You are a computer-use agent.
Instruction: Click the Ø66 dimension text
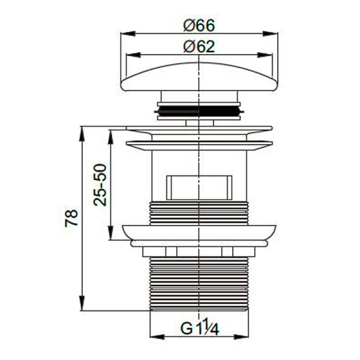coord(198,26)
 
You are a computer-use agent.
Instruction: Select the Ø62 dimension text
coord(198,46)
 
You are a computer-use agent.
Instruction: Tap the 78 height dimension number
coord(71,218)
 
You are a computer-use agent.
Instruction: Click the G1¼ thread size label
coord(198,328)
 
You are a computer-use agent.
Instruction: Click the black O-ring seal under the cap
coord(198,110)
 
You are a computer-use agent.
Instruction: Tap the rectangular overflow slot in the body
coord(199,187)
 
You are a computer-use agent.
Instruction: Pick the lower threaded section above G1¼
coord(198,282)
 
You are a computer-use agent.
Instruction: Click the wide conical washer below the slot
coord(198,232)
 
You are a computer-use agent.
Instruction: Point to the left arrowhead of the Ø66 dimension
coord(124,34)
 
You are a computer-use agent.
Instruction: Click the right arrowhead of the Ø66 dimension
coord(273,34)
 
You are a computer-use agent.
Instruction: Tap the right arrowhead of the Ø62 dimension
coord(269,54)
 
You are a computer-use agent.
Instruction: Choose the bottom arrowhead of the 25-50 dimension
coord(110,236)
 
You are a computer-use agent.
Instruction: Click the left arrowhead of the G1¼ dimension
coord(151,336)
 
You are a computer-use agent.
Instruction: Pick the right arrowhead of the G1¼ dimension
coord(245,336)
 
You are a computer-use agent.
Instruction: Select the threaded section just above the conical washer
coord(198,213)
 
